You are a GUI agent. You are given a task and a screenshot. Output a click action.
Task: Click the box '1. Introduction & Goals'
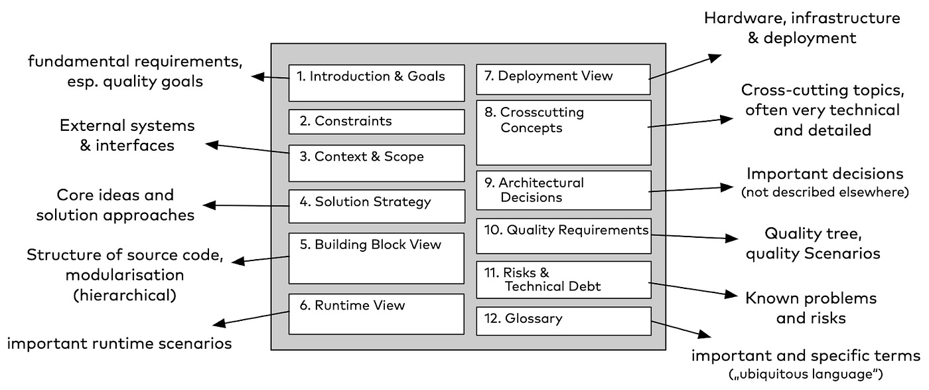(x=376, y=82)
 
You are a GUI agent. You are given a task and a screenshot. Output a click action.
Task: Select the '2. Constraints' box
(x=376, y=122)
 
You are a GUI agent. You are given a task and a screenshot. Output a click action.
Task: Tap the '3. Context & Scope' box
(x=376, y=163)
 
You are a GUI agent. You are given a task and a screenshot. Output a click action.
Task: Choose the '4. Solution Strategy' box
(x=376, y=206)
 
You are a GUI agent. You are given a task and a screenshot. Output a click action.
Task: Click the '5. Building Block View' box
(x=376, y=258)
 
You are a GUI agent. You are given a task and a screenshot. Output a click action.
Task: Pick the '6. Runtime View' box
(x=376, y=314)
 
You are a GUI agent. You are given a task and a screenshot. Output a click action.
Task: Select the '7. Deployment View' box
(x=563, y=79)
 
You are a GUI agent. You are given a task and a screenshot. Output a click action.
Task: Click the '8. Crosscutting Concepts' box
(x=563, y=132)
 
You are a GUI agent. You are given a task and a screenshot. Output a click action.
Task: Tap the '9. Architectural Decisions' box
(x=563, y=191)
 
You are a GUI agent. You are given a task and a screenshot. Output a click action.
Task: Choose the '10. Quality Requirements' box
(x=563, y=235)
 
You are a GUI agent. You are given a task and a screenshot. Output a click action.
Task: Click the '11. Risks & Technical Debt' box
(x=563, y=280)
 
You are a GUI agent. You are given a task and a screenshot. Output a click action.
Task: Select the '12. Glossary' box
(x=563, y=321)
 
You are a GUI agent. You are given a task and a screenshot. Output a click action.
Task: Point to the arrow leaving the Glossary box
(x=680, y=330)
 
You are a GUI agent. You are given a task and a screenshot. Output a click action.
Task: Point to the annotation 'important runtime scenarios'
(x=119, y=343)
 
